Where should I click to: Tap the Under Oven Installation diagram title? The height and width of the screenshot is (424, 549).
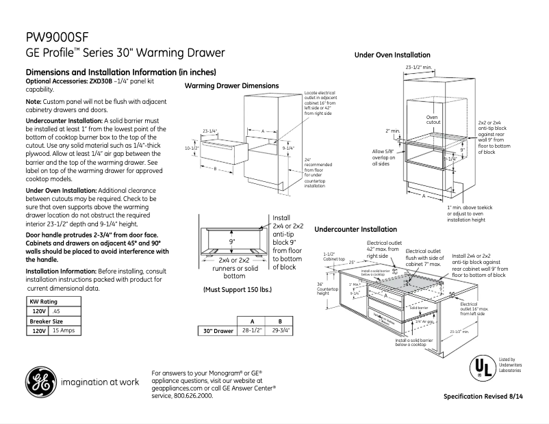(x=392, y=55)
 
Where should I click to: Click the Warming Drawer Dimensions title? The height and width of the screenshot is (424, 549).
(x=231, y=85)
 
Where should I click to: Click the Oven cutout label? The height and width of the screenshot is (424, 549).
(x=431, y=120)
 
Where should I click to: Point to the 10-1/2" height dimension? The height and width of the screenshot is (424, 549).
(x=192, y=147)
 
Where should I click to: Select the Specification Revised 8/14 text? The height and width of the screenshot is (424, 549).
(x=488, y=397)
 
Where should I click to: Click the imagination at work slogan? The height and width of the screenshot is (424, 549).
(x=99, y=382)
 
